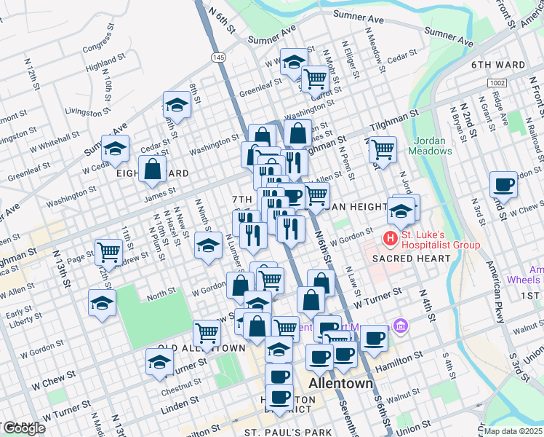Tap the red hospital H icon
(x=391, y=237)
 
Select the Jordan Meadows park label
(x=433, y=146)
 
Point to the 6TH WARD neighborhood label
(x=498, y=65)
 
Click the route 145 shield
(x=219, y=57)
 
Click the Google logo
(x=23, y=428)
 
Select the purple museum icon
(x=399, y=324)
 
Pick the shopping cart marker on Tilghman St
(x=383, y=149)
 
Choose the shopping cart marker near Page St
(x=108, y=252)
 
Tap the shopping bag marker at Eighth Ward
(x=153, y=169)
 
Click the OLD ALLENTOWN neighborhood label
(x=202, y=348)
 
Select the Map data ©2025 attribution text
(x=513, y=431)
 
